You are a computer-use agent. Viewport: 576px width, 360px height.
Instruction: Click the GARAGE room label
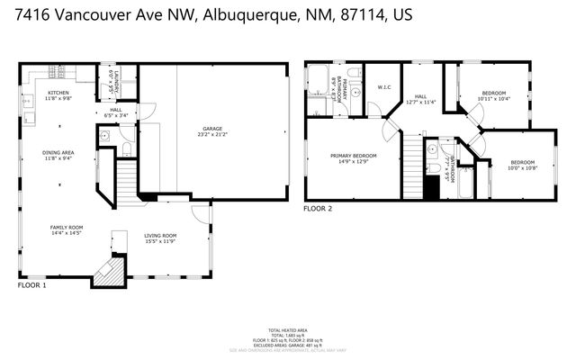coord(212,129)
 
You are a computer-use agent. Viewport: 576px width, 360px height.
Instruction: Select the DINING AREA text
coord(58,153)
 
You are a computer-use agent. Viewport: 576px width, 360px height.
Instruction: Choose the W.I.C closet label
coord(382,87)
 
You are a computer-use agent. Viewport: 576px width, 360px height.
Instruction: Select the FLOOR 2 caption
coord(318,208)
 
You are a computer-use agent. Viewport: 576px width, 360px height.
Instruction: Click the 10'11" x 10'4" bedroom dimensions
coord(492,98)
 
